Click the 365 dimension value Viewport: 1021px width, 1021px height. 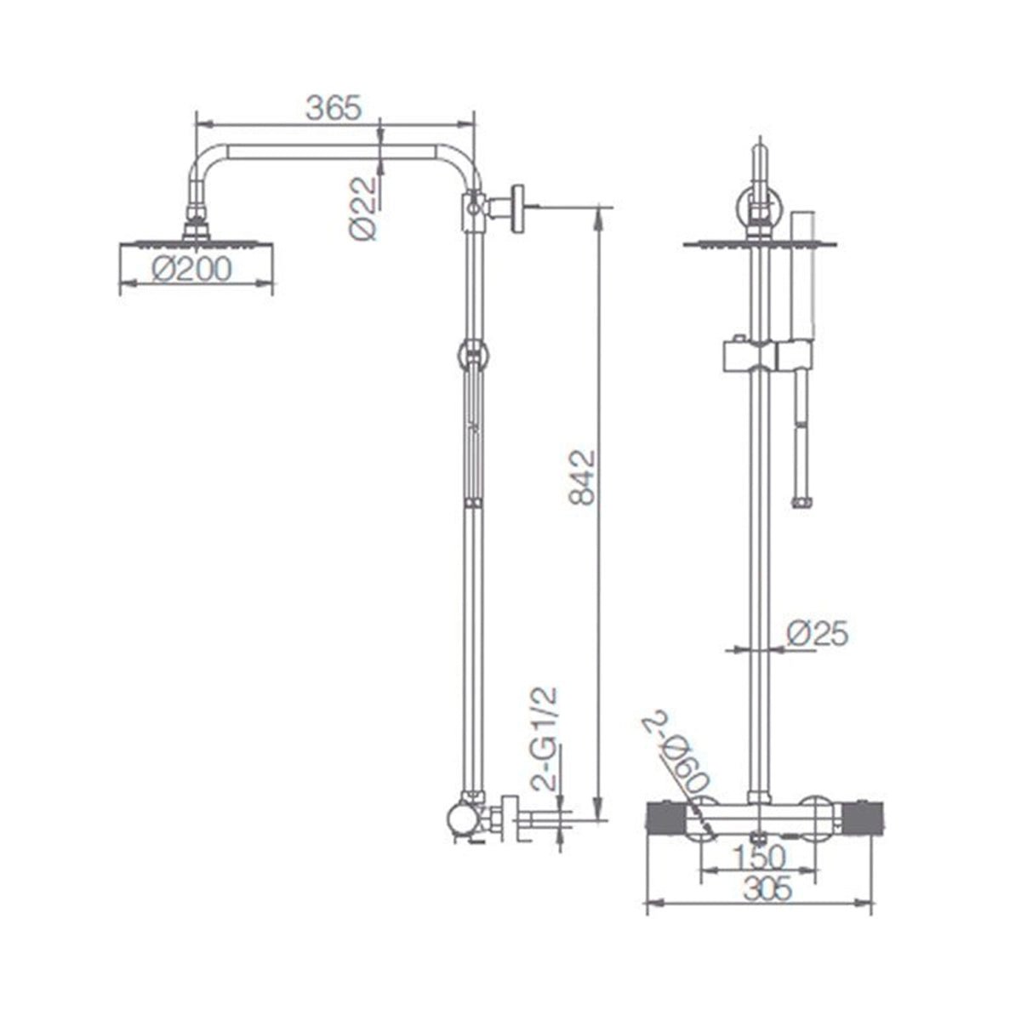pyautogui.click(x=334, y=108)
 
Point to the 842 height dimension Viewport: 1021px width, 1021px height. pyautogui.click(x=581, y=476)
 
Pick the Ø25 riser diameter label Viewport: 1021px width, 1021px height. pyautogui.click(x=817, y=633)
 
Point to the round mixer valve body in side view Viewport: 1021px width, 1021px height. pyautogui.click(x=464, y=820)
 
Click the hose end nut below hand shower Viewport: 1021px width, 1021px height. pyautogui.click(x=800, y=502)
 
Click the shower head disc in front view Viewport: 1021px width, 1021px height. pyautogui.click(x=760, y=244)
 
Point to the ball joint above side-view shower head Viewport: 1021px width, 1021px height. pyautogui.click(x=197, y=224)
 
